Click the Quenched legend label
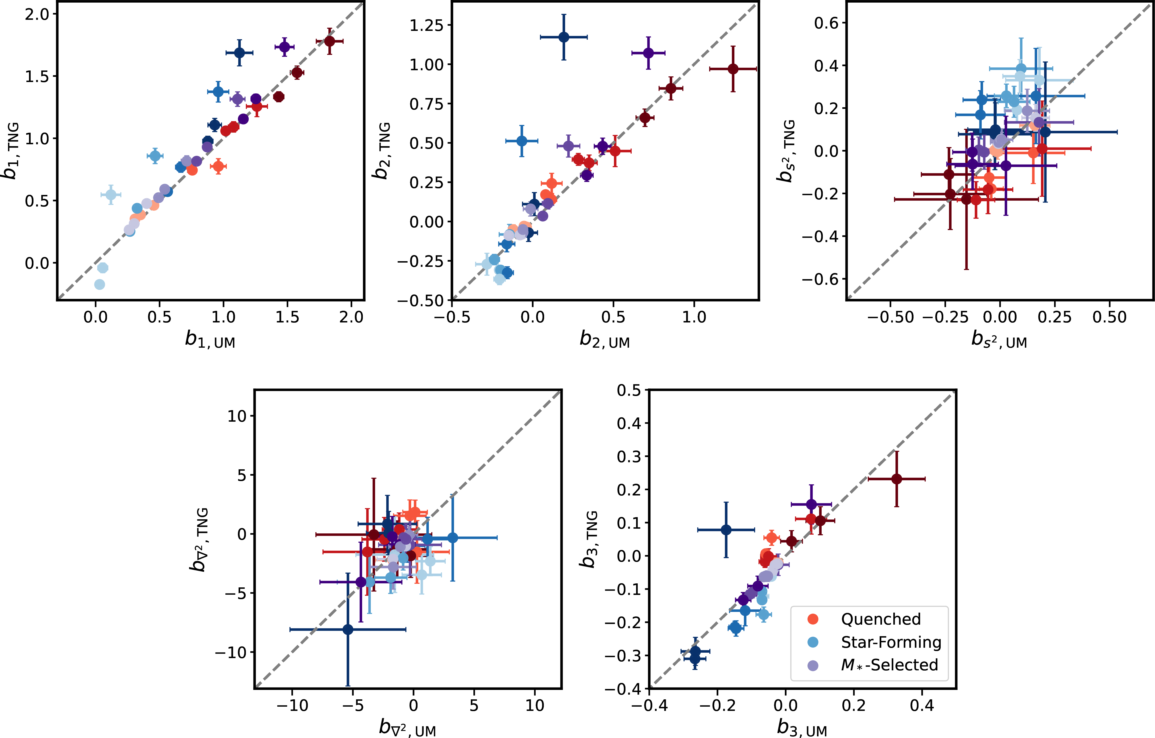click(x=881, y=619)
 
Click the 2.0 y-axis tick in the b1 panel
click(x=37, y=14)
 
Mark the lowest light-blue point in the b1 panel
click(x=99, y=284)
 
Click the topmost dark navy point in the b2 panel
click(x=564, y=37)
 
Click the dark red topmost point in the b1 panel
click(x=330, y=41)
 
